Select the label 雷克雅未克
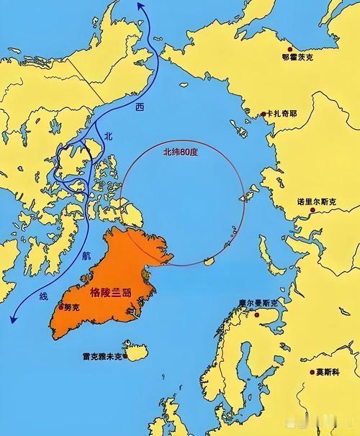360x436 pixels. (102, 355)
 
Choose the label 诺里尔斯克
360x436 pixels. (316, 203)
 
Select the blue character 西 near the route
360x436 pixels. (138, 106)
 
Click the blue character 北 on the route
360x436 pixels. (109, 135)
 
